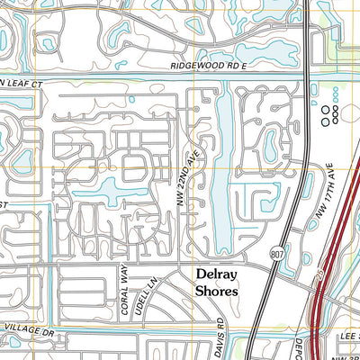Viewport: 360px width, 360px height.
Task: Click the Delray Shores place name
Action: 217,283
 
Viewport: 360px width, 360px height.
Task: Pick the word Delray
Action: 217,275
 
